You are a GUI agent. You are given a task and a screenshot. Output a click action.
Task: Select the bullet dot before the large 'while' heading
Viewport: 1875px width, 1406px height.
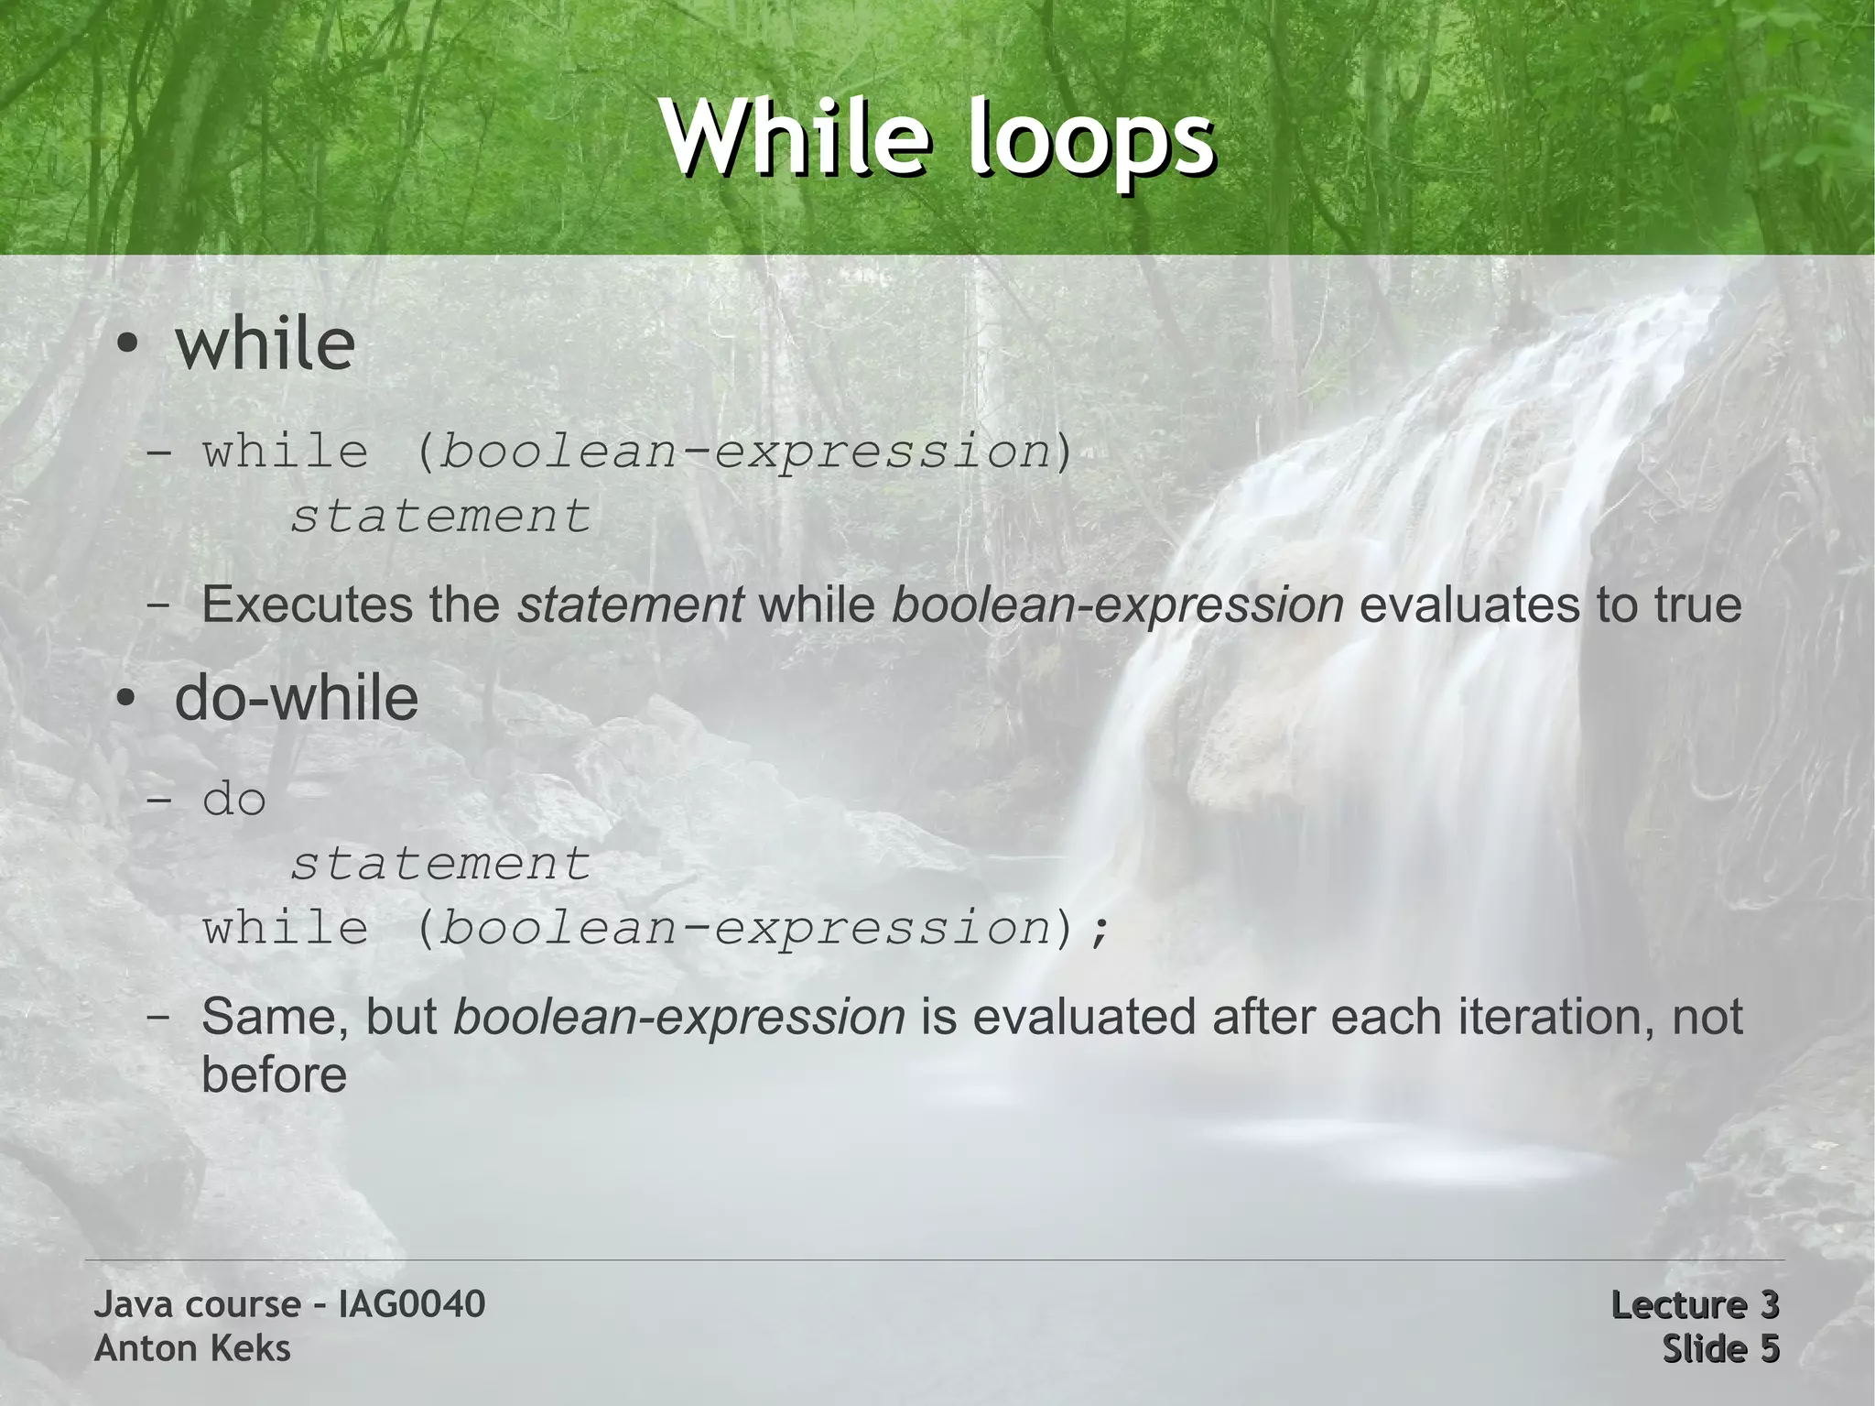click(x=127, y=345)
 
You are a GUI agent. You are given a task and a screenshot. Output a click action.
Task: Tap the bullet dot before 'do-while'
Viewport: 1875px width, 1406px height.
click(x=127, y=700)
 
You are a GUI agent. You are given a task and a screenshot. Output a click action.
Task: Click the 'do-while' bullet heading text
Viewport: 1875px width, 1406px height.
click(x=296, y=698)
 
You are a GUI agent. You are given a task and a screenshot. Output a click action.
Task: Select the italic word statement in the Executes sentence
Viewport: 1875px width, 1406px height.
click(x=630, y=605)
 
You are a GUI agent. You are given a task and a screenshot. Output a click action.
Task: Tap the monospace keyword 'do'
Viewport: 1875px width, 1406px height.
click(x=234, y=800)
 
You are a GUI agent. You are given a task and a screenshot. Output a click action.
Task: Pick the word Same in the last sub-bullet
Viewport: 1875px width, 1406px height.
click(x=274, y=1017)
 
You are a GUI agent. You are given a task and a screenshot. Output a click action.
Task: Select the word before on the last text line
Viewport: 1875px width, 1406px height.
click(x=274, y=1074)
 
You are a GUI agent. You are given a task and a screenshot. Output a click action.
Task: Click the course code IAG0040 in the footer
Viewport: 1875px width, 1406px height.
click(x=411, y=1304)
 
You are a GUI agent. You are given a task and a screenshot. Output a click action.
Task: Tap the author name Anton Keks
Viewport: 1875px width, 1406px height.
click(x=192, y=1348)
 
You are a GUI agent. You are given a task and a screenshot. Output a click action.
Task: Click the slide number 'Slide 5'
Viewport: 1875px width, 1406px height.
click(x=1720, y=1348)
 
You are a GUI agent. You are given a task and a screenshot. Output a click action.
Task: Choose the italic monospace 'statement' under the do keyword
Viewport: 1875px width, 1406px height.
click(x=440, y=864)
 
